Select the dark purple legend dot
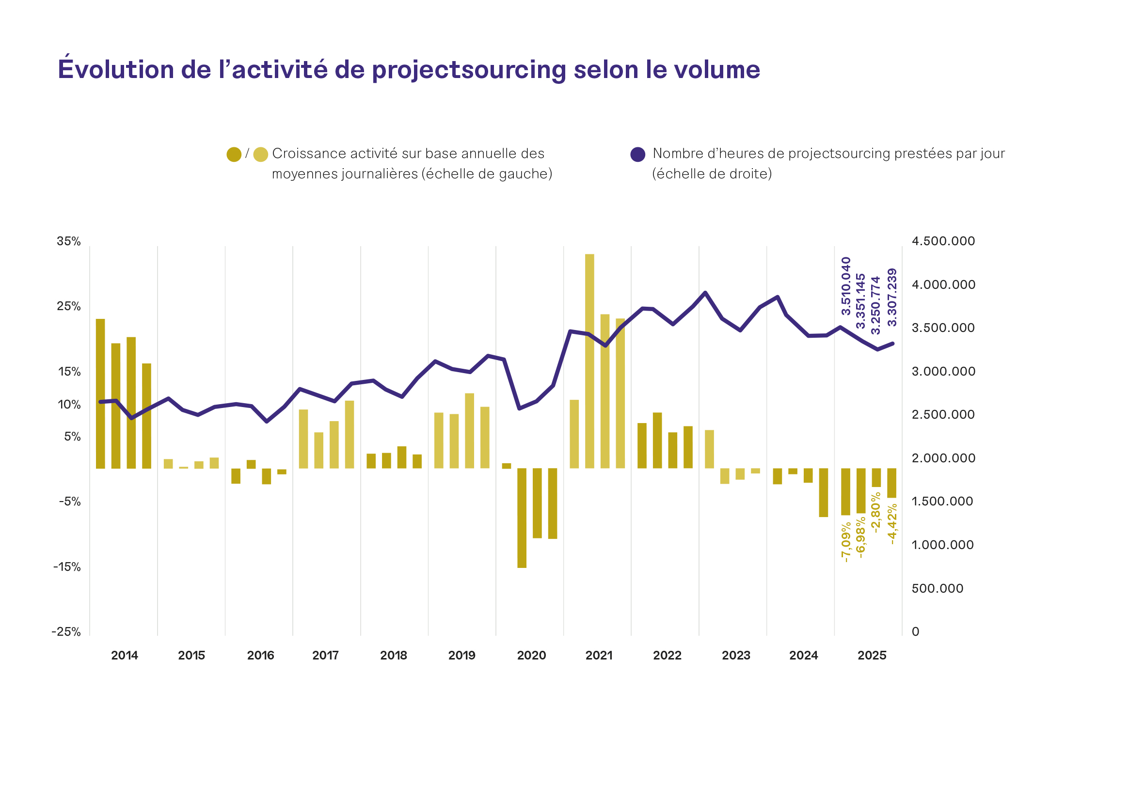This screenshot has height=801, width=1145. tap(638, 155)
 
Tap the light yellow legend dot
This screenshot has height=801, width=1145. tap(260, 155)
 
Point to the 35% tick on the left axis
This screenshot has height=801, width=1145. tap(69, 241)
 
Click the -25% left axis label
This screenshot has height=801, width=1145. tap(66, 632)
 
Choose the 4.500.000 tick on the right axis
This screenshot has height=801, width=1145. tap(943, 241)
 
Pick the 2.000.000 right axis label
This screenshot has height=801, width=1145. tap(943, 458)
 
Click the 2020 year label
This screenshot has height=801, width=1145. tap(532, 656)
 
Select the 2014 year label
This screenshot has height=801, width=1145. tap(125, 656)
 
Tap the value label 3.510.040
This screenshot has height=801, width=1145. tap(846, 286)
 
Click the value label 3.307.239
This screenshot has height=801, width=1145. tap(892, 298)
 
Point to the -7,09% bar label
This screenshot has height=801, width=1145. tap(846, 543)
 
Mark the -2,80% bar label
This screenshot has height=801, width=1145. tap(875, 513)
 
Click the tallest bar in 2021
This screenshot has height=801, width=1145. tap(589, 361)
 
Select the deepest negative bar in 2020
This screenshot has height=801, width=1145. tap(522, 518)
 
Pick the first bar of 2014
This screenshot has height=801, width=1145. tap(100, 394)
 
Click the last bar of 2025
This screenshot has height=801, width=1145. tap(891, 483)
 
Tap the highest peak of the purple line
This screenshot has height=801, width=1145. tap(705, 293)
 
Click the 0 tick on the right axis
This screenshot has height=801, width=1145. tap(916, 632)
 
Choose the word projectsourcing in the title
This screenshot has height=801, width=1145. tap(469, 70)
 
